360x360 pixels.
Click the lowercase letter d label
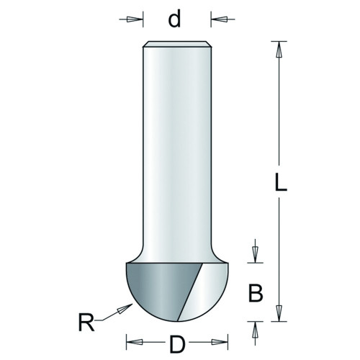(x=174, y=19)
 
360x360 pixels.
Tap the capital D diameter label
(x=177, y=344)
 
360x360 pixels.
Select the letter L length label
(x=281, y=182)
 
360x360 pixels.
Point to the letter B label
(x=256, y=293)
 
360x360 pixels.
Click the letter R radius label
(x=86, y=323)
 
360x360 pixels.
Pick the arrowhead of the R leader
(x=125, y=308)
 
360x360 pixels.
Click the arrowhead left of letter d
(x=135, y=19)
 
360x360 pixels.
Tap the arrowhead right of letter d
(x=219, y=19)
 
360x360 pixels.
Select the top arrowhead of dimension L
(x=279, y=50)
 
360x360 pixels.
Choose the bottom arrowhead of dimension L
(x=279, y=313)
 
